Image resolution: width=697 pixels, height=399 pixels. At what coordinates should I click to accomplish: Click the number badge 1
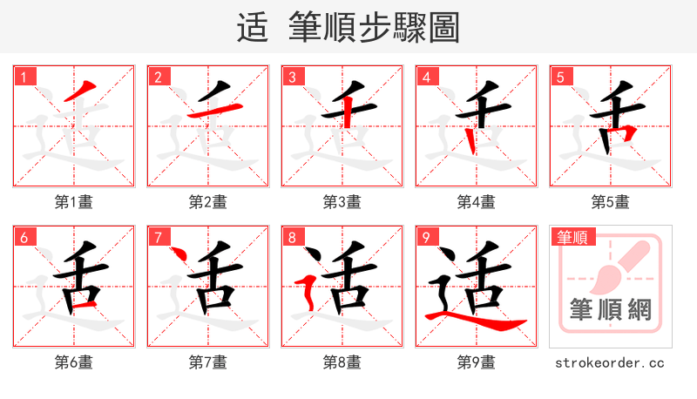(x=24, y=78)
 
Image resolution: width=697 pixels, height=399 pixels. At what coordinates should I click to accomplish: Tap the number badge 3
(x=292, y=78)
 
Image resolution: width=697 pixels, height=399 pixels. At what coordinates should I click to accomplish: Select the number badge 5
(x=560, y=78)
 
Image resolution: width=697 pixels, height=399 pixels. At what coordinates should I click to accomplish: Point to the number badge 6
(x=24, y=237)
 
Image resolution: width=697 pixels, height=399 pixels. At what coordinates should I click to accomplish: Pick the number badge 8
(x=292, y=237)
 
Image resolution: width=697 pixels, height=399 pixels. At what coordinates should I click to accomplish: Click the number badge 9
(x=426, y=237)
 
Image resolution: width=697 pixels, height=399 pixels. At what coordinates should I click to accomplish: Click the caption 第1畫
(x=74, y=202)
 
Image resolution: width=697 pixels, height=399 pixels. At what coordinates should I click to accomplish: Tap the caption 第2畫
(x=208, y=202)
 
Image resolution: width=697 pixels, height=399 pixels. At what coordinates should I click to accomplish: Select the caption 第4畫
(x=477, y=202)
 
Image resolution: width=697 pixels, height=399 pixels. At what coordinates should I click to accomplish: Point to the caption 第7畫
(x=208, y=362)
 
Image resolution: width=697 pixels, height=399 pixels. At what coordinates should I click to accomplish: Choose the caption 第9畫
(x=477, y=362)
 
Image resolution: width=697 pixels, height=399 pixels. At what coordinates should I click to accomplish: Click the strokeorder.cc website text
(x=610, y=362)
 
